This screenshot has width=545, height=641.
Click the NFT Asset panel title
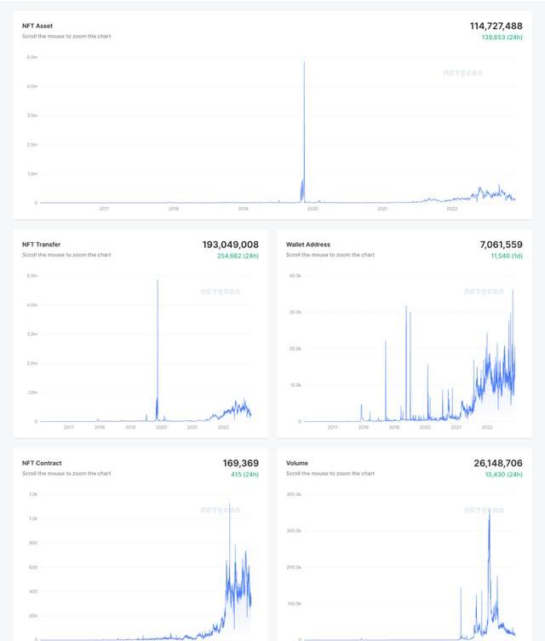tap(37, 26)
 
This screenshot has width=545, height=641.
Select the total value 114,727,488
tap(496, 26)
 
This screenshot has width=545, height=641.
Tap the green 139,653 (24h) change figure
tap(502, 38)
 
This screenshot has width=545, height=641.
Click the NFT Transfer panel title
tap(41, 245)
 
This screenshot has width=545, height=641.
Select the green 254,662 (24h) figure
tap(238, 256)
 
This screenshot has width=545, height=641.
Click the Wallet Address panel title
tap(308, 245)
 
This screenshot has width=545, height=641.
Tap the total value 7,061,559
tap(501, 245)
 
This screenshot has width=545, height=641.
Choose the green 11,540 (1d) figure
tap(506, 256)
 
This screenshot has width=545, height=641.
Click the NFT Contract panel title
tap(42, 463)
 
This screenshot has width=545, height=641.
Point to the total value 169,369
tap(240, 463)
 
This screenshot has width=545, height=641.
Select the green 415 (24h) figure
tap(244, 474)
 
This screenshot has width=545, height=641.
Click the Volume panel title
tap(297, 463)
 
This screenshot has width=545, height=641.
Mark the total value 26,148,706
tap(497, 463)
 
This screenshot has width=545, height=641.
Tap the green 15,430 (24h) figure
tap(503, 474)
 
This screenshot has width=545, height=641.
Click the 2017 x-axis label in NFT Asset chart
tap(104, 209)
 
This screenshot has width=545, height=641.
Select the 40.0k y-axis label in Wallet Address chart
tap(295, 276)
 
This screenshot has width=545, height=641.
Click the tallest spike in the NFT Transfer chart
tap(158, 282)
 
